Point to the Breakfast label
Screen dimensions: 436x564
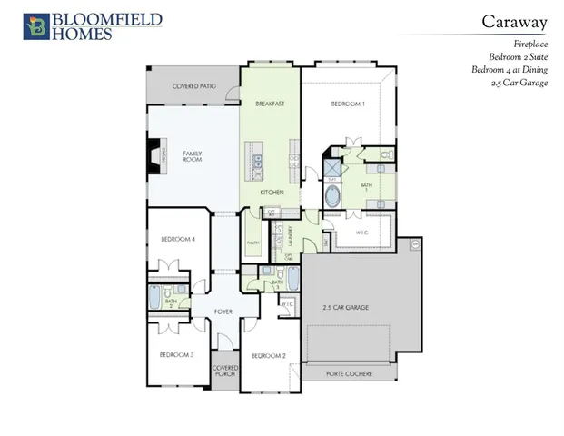click(271, 104)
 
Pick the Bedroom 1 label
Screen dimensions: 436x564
click(348, 104)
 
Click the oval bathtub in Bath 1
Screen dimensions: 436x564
click(334, 197)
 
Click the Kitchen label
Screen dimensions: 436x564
click(272, 193)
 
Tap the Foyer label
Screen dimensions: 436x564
click(223, 312)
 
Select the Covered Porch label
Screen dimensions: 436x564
click(224, 372)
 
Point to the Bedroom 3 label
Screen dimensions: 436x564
click(177, 354)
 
